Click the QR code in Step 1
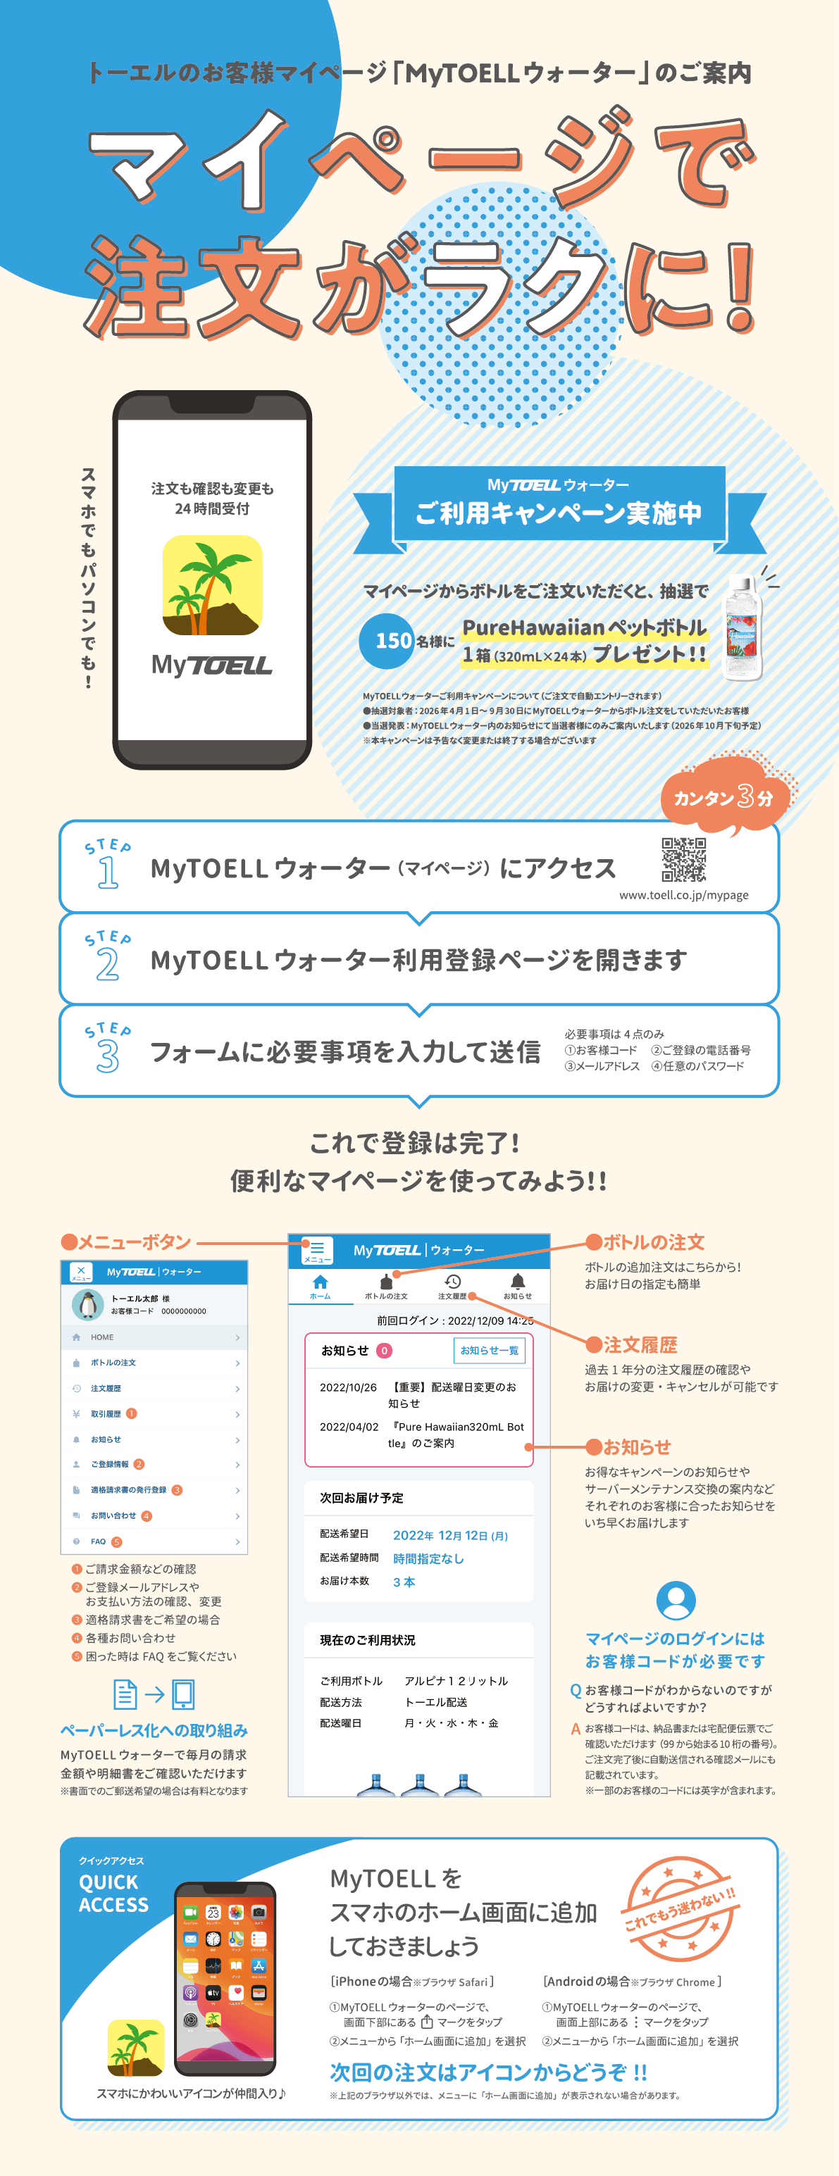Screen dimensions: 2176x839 click(x=683, y=859)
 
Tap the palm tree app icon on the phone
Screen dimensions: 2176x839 click(x=212, y=584)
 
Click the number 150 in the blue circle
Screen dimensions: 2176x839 click(x=393, y=640)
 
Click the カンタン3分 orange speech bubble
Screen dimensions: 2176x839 click(x=723, y=796)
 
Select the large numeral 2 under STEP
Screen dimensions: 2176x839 click(x=107, y=965)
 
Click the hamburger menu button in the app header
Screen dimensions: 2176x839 click(x=317, y=1250)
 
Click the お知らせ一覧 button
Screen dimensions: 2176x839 click(x=489, y=1351)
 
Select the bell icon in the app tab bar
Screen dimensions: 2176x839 click(x=518, y=1282)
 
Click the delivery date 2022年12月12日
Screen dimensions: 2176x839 click(x=450, y=1536)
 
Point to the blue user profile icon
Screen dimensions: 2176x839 click(x=676, y=1601)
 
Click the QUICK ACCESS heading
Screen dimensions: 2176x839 click(x=113, y=1893)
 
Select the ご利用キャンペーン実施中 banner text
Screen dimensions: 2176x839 click(x=559, y=513)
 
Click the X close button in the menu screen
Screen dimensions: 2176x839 click(x=80, y=1271)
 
